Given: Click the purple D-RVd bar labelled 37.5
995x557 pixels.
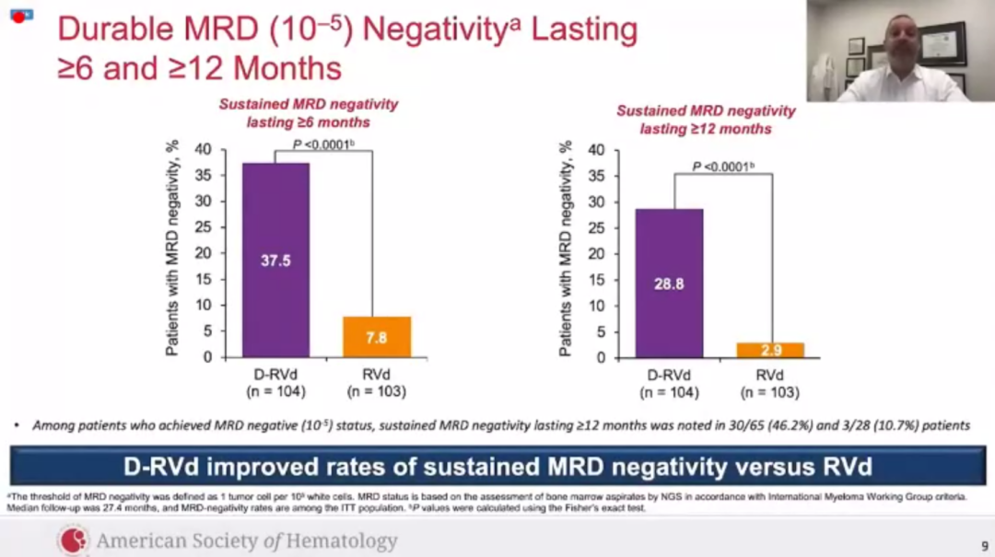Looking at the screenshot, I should click(275, 260).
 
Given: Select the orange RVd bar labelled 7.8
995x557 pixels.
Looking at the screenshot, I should click(377, 337).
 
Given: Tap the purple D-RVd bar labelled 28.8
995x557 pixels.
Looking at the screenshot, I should click(669, 284).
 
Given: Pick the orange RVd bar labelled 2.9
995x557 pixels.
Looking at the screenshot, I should click(769, 350).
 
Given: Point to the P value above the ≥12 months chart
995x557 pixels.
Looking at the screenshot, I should click(723, 167).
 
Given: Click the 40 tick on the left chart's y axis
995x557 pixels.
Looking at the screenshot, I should click(204, 149).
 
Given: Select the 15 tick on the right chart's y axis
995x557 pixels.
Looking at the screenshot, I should click(596, 280).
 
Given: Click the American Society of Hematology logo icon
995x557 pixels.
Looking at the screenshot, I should click(74, 540).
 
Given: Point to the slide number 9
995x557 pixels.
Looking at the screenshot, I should click(984, 545).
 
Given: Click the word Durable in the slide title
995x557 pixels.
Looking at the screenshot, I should click(112, 29).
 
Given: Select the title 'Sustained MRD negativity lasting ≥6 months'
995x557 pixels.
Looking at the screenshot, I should click(308, 113).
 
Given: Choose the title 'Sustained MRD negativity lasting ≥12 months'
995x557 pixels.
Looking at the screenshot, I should click(706, 120).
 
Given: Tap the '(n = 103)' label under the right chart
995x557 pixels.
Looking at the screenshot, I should click(769, 393).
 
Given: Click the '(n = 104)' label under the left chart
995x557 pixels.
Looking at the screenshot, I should click(275, 392).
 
